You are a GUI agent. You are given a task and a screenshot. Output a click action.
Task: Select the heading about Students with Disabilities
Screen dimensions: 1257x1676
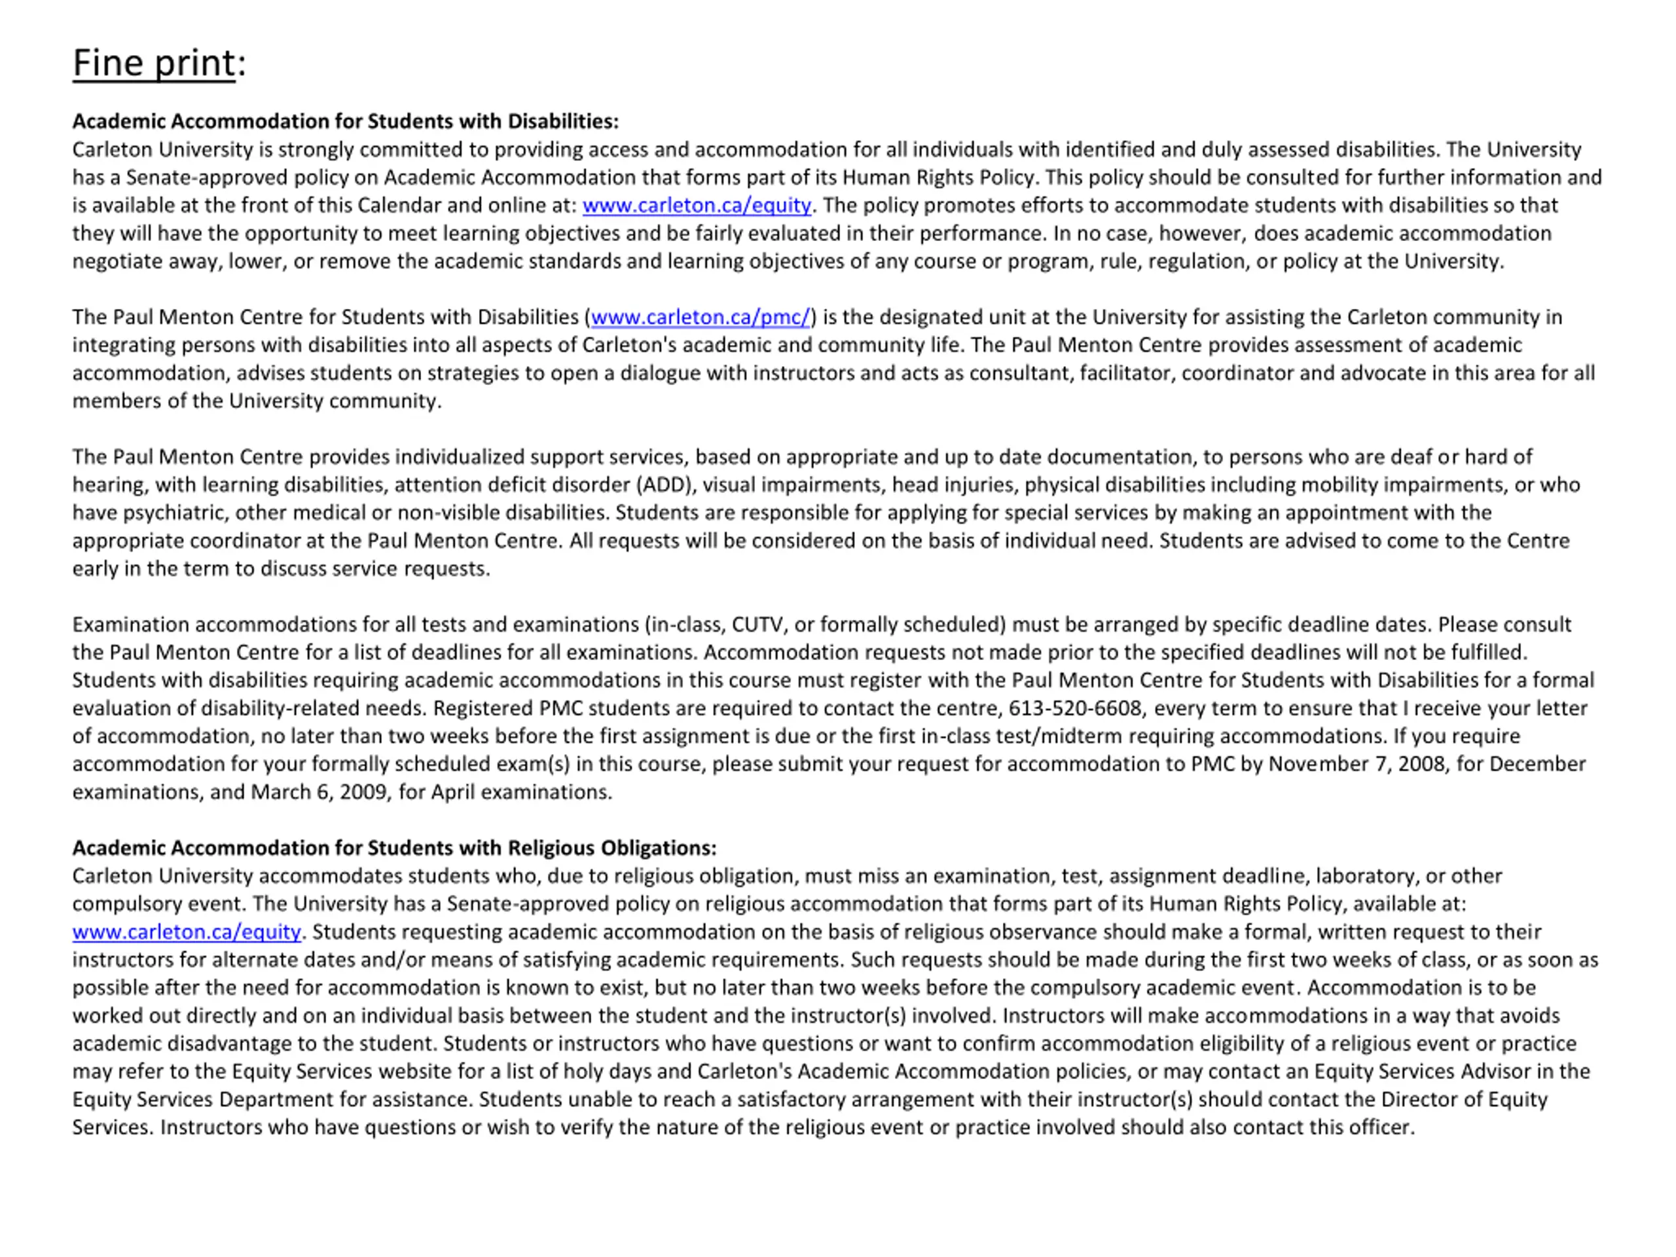(346, 121)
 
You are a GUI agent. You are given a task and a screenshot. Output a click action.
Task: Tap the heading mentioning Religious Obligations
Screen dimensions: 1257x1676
(394, 848)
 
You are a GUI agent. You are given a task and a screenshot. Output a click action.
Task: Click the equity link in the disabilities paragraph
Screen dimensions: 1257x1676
(697, 206)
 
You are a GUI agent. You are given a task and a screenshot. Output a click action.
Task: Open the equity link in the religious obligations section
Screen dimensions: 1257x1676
(187, 932)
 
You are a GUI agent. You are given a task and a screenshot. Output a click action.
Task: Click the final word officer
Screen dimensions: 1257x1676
(1386, 1127)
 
